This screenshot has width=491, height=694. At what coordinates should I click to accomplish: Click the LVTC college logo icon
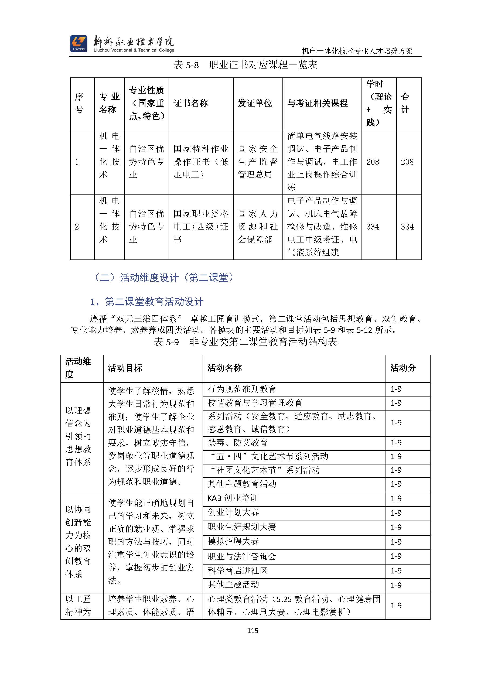tap(79, 43)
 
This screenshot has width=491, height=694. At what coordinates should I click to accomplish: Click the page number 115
tap(253, 631)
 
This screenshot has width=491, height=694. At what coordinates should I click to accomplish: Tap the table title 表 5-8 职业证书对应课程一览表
tap(245, 65)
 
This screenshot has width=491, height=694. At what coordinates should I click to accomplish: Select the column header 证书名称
tap(190, 103)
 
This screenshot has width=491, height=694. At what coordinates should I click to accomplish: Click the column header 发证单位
tap(255, 103)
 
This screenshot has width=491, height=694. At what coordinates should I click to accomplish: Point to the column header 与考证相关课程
tap(318, 103)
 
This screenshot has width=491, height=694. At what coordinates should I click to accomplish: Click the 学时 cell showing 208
tap(373, 162)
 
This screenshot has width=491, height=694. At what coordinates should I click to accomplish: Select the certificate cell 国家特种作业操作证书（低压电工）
tap(201, 162)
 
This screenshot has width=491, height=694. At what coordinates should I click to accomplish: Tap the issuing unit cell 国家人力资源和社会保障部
tap(258, 227)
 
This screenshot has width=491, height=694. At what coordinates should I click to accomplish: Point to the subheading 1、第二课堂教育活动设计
tap(147, 302)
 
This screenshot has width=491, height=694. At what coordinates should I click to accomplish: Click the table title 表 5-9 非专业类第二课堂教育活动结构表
tap(245, 342)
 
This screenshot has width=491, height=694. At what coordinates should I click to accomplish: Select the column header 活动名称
tap(224, 368)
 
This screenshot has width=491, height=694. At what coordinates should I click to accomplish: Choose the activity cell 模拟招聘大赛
tap(233, 541)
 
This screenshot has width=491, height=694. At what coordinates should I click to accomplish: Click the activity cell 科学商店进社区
tap(237, 571)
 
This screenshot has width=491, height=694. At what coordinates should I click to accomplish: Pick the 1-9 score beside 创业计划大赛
tap(396, 513)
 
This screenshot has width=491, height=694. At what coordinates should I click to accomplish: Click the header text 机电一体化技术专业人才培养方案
tap(357, 51)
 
